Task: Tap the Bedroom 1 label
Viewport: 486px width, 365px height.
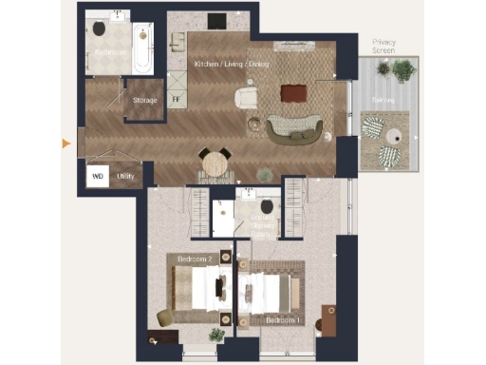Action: (282, 320)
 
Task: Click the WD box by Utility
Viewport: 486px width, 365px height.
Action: (97, 176)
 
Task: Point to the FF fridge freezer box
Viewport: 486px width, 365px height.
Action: (176, 96)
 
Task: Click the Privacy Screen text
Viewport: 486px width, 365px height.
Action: (383, 47)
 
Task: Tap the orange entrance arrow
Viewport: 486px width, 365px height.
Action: (65, 144)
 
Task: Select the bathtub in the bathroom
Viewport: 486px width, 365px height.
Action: (142, 48)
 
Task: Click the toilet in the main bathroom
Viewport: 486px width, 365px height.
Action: (100, 29)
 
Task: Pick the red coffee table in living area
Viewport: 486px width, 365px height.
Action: (293, 93)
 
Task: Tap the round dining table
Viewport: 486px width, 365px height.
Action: (215, 163)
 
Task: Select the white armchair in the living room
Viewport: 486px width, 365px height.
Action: (246, 97)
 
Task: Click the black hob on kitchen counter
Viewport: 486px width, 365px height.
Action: (217, 22)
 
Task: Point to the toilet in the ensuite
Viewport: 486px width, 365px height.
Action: (267, 205)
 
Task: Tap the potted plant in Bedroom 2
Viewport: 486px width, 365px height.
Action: (216, 335)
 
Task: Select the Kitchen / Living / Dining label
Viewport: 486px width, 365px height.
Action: (231, 64)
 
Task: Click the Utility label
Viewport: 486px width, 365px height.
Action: (125, 176)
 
